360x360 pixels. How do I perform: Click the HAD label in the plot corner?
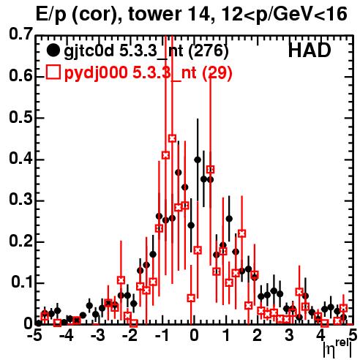coord(310,50)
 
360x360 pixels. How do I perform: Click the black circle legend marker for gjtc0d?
coord(53,50)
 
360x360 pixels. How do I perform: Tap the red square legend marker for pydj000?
coord(53,72)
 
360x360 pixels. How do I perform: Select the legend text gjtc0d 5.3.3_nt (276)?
coord(146,51)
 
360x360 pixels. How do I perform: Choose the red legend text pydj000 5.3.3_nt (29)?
coord(148,72)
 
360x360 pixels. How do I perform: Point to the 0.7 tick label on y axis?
coord(20,34)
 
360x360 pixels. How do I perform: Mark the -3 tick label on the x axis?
coord(98,336)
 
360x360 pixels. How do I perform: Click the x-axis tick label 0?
coord(194,336)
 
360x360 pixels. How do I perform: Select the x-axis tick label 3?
coord(289,336)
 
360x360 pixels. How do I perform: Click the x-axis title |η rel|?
coord(337,349)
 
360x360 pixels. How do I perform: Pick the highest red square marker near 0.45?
coord(172,138)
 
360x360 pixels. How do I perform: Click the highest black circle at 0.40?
coord(198,160)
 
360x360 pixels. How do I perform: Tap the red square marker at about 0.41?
coord(165,155)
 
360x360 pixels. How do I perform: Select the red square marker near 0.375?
coord(210,169)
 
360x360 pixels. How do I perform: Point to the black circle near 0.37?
coord(179,173)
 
